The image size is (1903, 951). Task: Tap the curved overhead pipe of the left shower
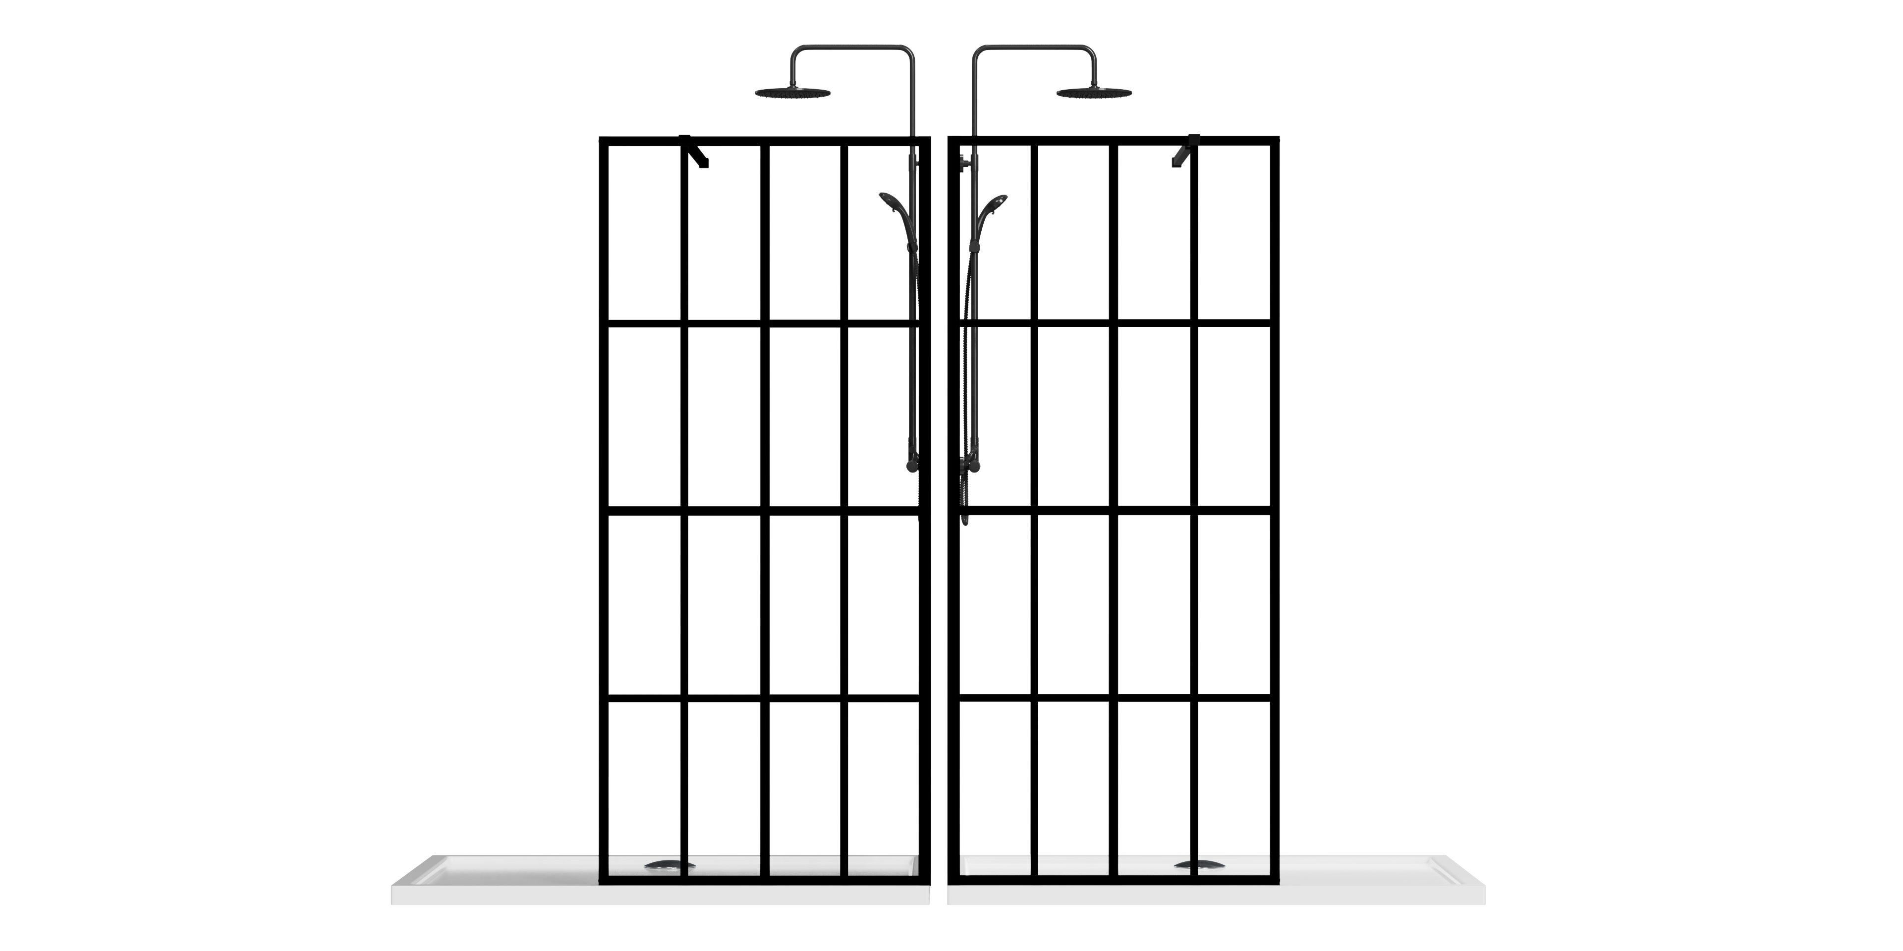(849, 49)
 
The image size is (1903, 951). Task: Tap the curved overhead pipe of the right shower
(1034, 49)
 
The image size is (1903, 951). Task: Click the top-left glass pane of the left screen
(644, 233)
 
